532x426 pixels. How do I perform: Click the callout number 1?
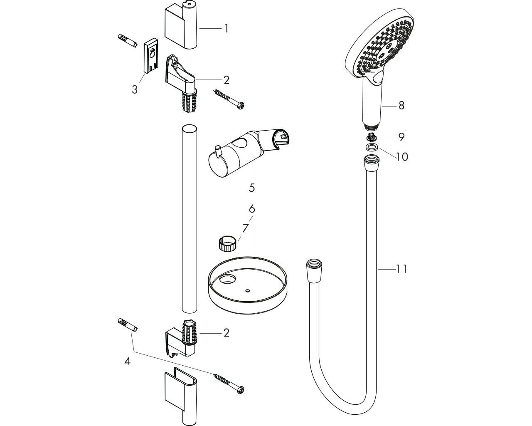click(227, 29)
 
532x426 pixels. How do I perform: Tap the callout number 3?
click(135, 89)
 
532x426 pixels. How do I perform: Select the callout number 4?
click(127, 361)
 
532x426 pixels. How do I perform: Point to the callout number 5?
click(252, 188)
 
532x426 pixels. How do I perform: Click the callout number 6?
click(252, 209)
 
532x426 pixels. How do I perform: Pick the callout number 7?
click(245, 228)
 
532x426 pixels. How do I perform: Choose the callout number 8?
click(401, 105)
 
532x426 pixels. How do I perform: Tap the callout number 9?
click(401, 137)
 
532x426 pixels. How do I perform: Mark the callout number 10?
click(402, 157)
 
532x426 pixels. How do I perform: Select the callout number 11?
click(401, 269)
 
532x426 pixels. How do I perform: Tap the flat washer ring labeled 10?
click(371, 148)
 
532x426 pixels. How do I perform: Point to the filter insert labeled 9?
click(370, 136)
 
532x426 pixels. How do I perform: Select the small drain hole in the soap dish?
click(248, 291)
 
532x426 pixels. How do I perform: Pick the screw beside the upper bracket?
click(229, 99)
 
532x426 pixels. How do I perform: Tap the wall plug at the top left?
click(128, 41)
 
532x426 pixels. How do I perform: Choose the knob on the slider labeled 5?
click(218, 151)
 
